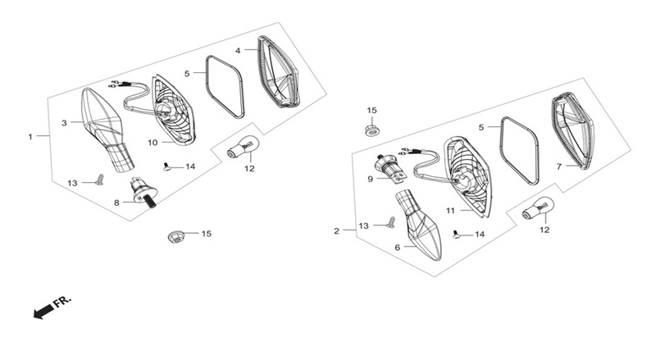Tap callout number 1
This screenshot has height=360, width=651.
tap(30, 136)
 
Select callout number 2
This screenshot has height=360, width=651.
tap(337, 231)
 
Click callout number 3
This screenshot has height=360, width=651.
tap(64, 123)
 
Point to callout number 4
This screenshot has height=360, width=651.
tap(238, 51)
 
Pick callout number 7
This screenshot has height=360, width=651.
tap(559, 166)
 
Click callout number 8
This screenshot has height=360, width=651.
tap(116, 203)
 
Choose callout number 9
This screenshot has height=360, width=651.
tap(370, 179)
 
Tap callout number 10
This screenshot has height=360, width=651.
tap(153, 143)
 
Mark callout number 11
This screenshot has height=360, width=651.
tap(450, 211)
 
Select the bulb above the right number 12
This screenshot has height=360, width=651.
tap(538, 209)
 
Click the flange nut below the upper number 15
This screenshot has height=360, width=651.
tap(372, 130)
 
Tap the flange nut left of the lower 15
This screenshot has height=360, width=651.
tap(176, 237)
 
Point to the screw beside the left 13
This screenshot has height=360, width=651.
tap(99, 180)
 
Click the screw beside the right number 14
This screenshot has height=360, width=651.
tap(457, 235)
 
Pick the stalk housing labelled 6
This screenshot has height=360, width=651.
tap(419, 225)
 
